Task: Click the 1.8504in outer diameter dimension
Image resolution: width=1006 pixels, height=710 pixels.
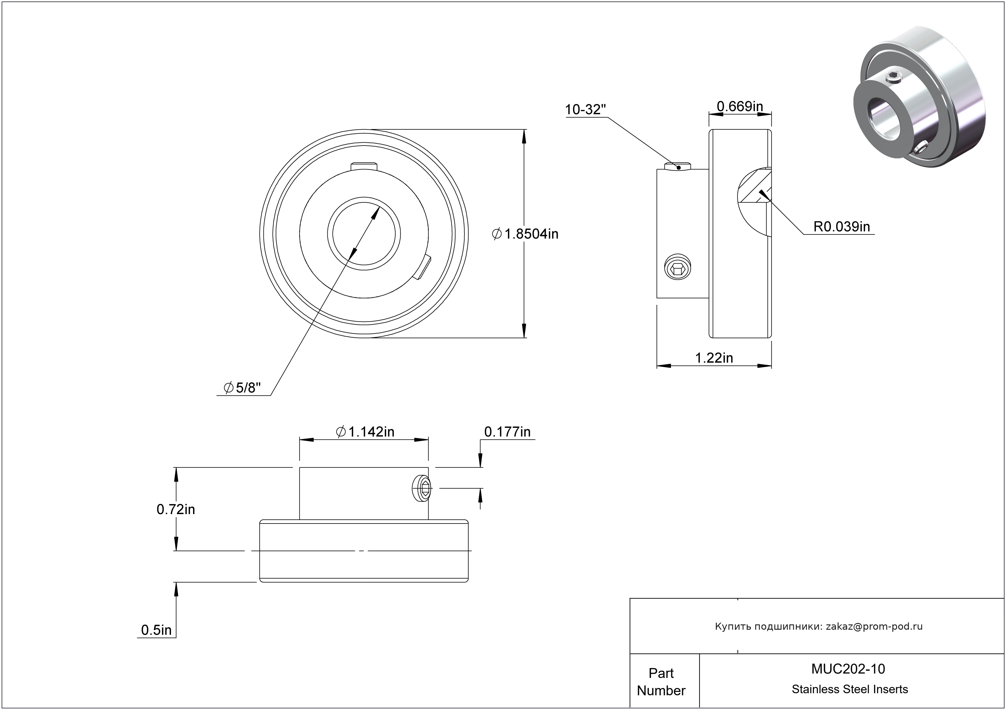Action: tap(525, 234)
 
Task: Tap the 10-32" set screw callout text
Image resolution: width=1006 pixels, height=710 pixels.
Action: tap(585, 109)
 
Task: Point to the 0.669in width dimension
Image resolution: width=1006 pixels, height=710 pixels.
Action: tap(740, 106)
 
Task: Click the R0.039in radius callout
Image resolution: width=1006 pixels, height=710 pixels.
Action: tap(841, 227)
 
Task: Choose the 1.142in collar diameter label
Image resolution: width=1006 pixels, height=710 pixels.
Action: tap(365, 432)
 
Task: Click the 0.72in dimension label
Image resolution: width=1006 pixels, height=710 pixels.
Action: tap(176, 509)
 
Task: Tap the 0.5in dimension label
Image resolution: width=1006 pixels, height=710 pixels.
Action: tap(156, 630)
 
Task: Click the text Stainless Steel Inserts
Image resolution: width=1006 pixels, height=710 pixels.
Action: tap(850, 689)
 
